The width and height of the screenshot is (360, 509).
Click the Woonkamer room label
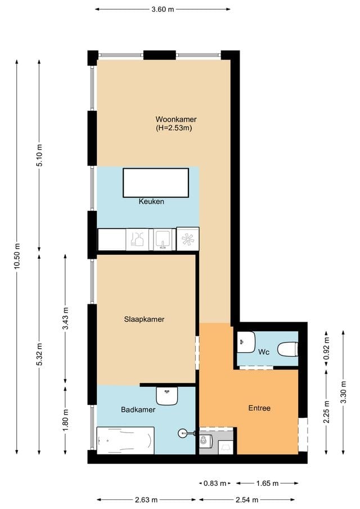(x=176, y=119)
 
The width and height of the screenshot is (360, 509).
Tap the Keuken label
(x=151, y=201)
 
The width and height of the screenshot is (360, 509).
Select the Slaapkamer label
(x=144, y=319)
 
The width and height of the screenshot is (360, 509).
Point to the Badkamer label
(x=138, y=410)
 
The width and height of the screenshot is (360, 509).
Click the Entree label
(x=259, y=408)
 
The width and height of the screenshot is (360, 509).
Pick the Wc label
(x=264, y=353)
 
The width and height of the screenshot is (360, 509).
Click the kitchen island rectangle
(x=156, y=183)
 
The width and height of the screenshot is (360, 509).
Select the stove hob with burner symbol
(x=187, y=238)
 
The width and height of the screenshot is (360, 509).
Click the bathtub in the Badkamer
(x=125, y=440)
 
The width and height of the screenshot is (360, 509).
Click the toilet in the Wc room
(x=287, y=349)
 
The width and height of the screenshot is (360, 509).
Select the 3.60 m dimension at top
(x=163, y=9)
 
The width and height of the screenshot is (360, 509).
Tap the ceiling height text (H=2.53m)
(x=174, y=128)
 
